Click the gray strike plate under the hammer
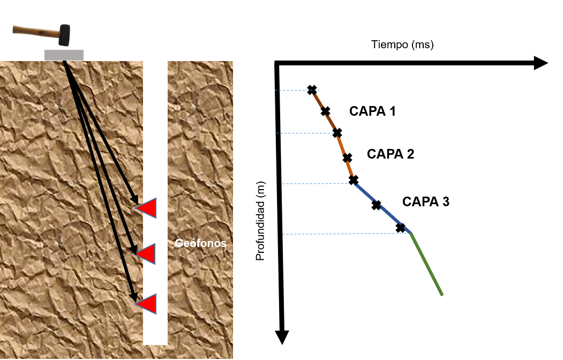[x=64, y=55]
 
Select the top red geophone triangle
[x=148, y=208]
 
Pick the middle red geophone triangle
[x=148, y=253]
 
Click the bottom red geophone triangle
[x=148, y=304]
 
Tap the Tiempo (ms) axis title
[x=426, y=44]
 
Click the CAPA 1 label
[x=382, y=111]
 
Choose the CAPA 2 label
[x=400, y=154]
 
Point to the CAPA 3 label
[x=435, y=201]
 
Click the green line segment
[x=427, y=264]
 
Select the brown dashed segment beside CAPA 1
[x=325, y=110]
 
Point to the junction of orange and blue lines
[x=354, y=184]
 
